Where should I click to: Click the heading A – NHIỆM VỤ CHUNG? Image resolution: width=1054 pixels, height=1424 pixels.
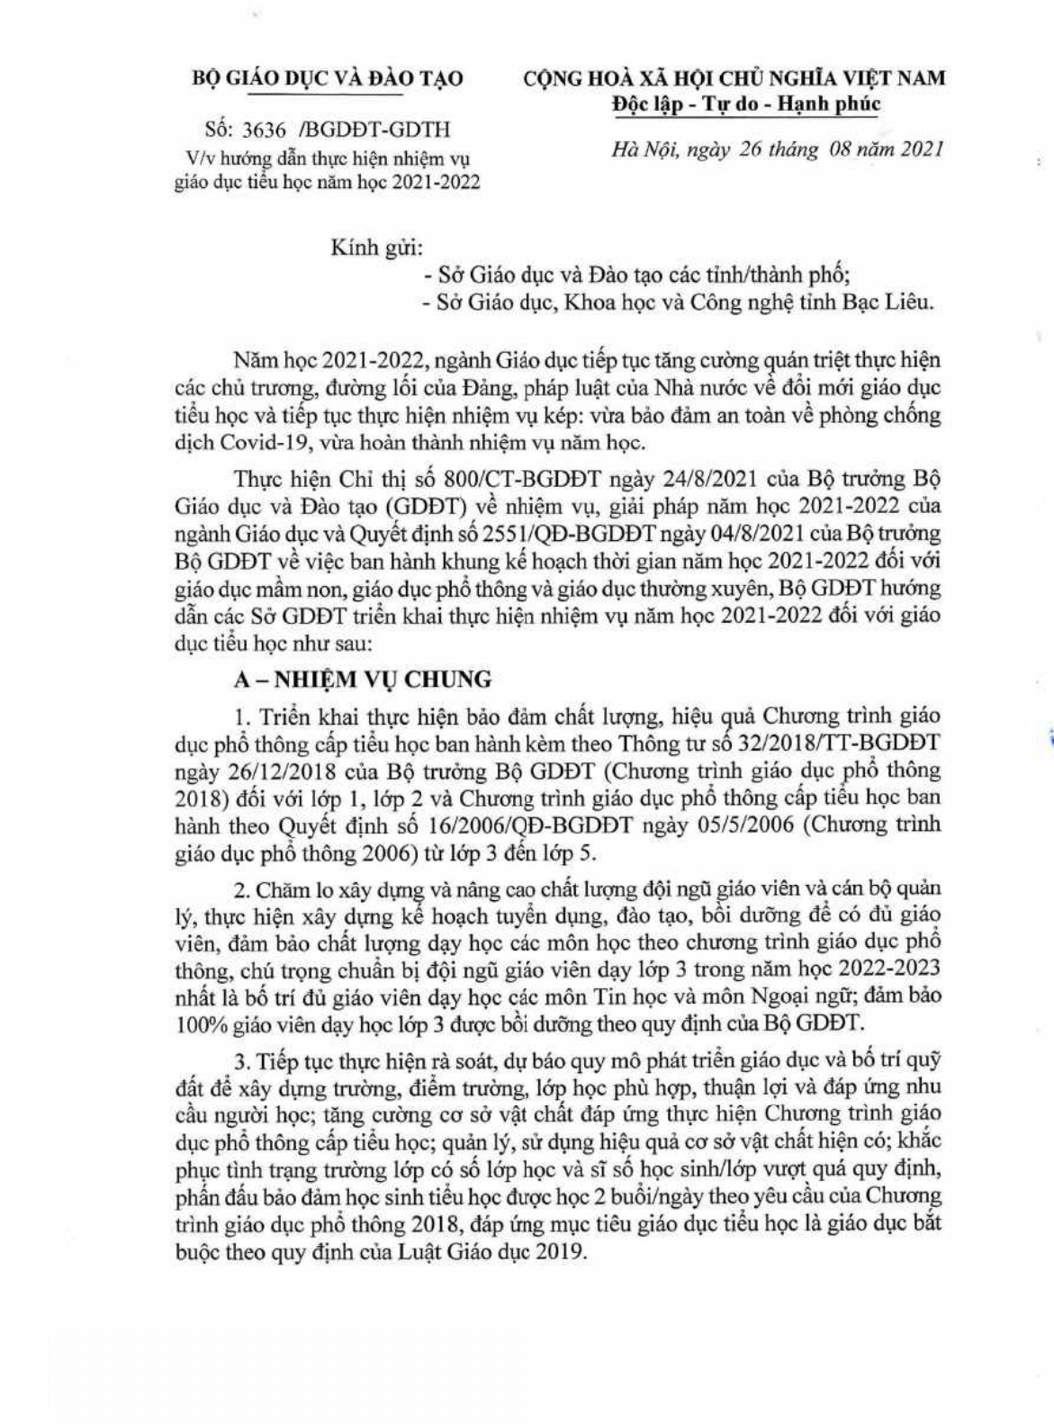pyautogui.click(x=363, y=679)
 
